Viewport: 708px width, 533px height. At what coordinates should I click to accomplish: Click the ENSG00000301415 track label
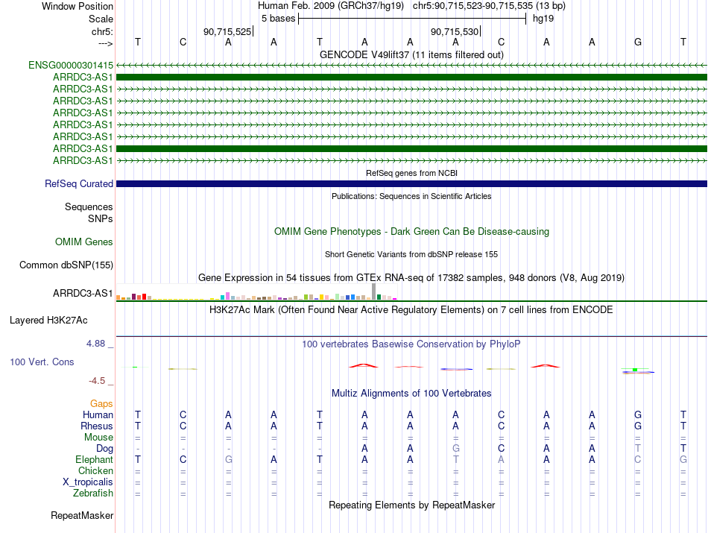click(x=71, y=65)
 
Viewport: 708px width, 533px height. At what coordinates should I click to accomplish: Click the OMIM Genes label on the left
click(x=84, y=242)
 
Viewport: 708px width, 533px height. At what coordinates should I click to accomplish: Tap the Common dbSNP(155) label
click(x=66, y=265)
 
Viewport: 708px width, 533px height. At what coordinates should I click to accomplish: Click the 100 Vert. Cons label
click(x=41, y=362)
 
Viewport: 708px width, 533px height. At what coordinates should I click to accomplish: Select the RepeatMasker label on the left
click(x=82, y=515)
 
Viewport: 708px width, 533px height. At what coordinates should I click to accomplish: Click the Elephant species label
click(x=95, y=460)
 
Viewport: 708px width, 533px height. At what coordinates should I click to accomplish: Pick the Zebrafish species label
click(x=93, y=493)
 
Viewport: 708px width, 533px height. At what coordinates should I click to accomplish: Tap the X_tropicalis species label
click(x=88, y=482)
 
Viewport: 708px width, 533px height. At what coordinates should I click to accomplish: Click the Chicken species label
click(x=95, y=471)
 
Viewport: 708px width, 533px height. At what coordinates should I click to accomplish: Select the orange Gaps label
click(x=101, y=403)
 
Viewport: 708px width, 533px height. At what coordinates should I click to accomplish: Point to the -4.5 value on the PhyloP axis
click(x=98, y=381)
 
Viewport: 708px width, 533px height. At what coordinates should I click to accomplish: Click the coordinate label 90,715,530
click(x=455, y=31)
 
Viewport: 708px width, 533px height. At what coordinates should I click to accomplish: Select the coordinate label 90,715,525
click(x=227, y=31)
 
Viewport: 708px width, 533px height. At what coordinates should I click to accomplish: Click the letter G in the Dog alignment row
click(x=455, y=449)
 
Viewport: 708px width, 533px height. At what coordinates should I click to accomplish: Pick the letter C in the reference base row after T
click(x=183, y=42)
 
